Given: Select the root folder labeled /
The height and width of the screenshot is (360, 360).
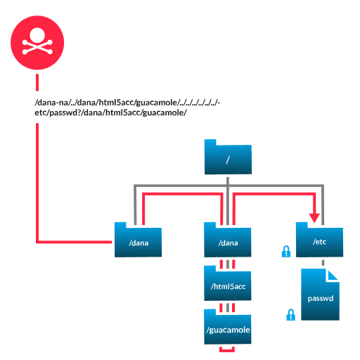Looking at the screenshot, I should (228, 159).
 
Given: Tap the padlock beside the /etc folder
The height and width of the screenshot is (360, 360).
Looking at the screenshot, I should (286, 252).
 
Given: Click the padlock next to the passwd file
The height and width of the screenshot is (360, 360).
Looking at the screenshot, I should (290, 314).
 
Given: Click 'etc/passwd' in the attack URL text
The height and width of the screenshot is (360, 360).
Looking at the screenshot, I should (53, 112).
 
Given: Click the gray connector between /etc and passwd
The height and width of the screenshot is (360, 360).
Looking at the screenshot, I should (323, 263).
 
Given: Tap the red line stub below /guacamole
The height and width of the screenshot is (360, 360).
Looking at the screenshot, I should (227, 349).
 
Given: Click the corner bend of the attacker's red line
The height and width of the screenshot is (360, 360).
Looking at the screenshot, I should (37, 242).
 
